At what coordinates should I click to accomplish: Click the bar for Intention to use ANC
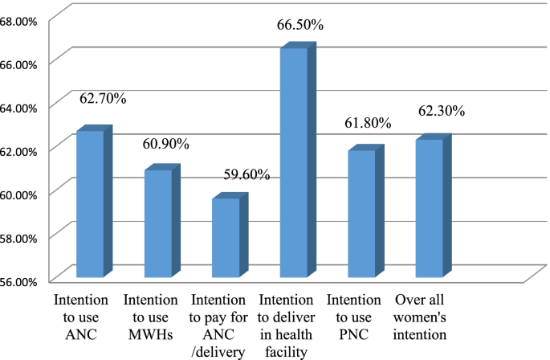click(90, 204)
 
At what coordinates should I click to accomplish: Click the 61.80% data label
click(366, 124)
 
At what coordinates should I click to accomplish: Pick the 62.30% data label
click(440, 112)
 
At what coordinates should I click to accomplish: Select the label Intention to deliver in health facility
click(286, 325)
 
